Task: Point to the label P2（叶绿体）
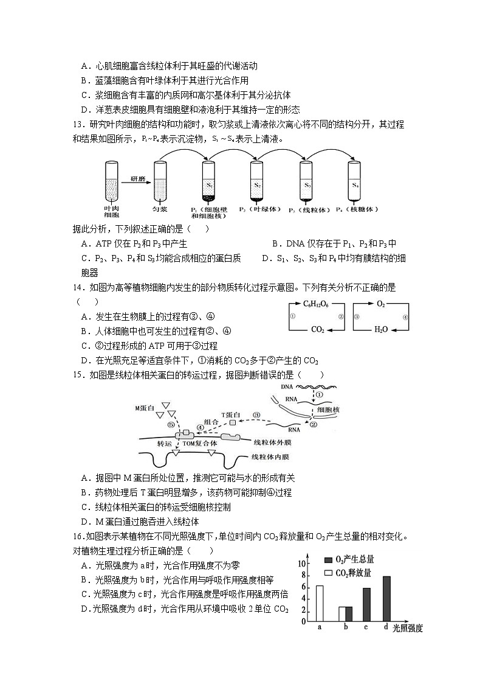point(258,209)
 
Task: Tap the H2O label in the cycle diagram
point(381,329)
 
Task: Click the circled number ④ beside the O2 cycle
point(405,316)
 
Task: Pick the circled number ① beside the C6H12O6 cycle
point(292,316)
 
